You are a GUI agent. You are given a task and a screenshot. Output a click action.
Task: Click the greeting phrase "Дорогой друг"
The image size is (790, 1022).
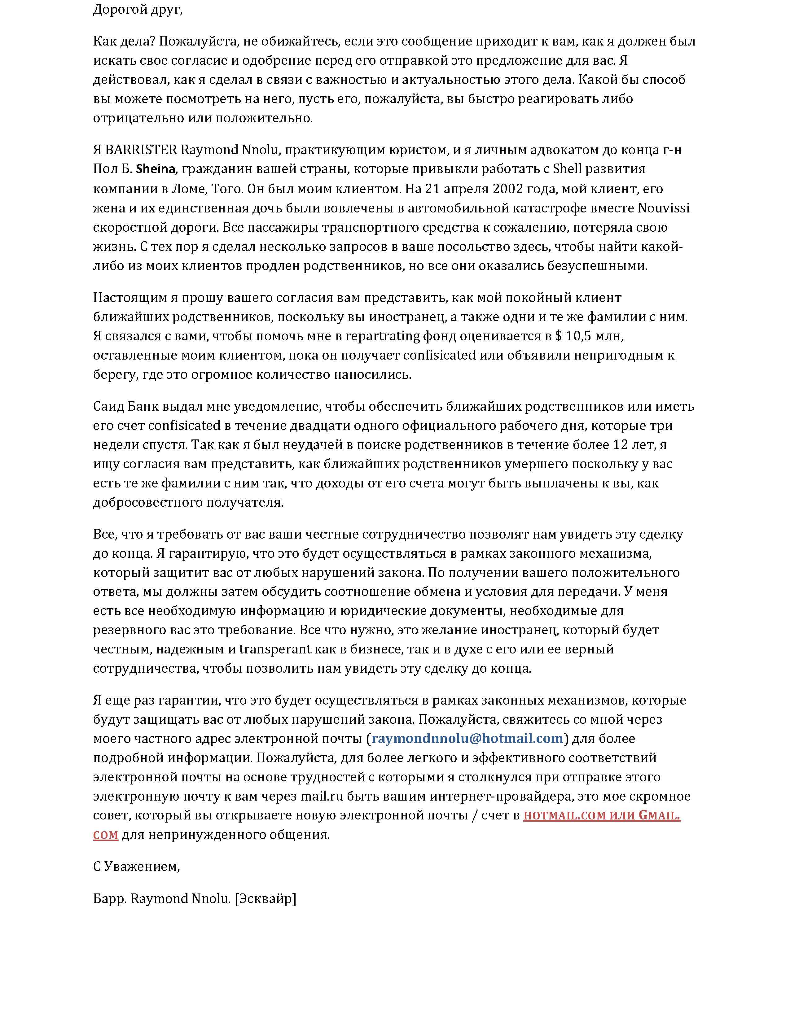click(137, 9)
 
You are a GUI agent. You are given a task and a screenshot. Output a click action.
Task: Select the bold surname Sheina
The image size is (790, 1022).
click(156, 169)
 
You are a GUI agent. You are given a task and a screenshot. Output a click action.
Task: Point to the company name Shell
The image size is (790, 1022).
click(567, 169)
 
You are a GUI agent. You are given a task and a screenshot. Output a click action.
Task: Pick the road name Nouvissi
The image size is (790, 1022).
click(664, 208)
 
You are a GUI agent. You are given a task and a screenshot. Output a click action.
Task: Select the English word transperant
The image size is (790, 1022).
click(275, 649)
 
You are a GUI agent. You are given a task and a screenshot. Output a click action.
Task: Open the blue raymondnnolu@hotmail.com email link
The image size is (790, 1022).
click(467, 738)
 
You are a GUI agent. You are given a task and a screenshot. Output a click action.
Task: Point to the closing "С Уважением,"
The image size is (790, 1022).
click(137, 867)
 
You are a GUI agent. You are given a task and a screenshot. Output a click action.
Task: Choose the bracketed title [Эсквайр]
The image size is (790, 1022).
click(266, 899)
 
